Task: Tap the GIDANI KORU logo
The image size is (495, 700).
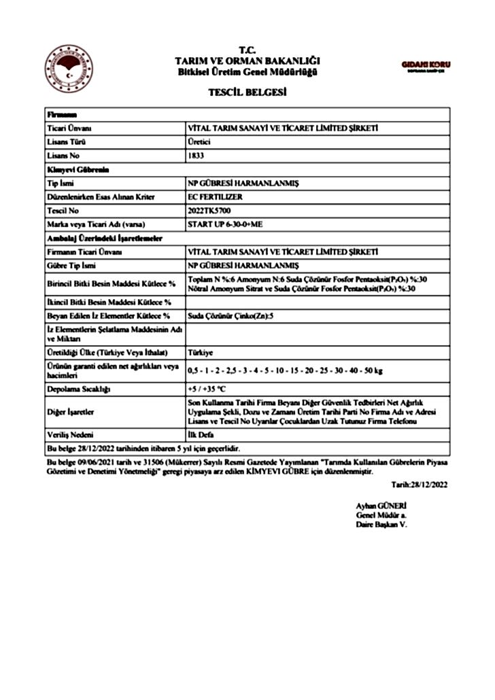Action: point(426,66)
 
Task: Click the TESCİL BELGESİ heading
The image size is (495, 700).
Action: point(247,93)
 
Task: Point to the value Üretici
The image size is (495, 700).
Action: point(199,141)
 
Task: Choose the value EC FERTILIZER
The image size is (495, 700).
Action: point(210,197)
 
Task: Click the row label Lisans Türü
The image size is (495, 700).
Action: point(66,141)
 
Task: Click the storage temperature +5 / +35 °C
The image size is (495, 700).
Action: point(207,389)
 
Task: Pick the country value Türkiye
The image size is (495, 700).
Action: point(201,353)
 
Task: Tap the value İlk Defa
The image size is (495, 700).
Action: point(201,434)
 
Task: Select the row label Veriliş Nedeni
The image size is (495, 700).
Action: point(70,434)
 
